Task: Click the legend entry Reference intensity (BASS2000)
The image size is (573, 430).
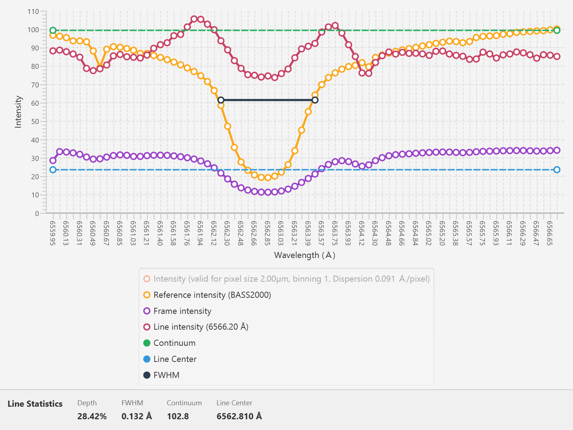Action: tap(207, 295)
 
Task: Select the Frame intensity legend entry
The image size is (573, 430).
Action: tap(178, 311)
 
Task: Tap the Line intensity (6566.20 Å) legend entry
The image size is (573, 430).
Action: tap(196, 327)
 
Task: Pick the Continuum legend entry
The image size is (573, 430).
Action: tap(170, 343)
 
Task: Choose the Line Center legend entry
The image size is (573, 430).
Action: tap(170, 359)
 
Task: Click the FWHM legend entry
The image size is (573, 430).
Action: tap(162, 375)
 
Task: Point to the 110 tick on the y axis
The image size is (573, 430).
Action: tap(33, 11)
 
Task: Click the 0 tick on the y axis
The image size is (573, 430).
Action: tap(37, 214)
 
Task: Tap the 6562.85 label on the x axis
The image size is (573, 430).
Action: tap(267, 233)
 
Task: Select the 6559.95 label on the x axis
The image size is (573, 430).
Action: tap(53, 233)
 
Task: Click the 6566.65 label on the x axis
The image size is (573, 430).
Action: tap(550, 233)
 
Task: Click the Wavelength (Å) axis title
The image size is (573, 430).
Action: tap(305, 255)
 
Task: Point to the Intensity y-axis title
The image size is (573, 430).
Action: tap(18, 112)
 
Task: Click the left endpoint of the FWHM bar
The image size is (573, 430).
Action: tap(221, 100)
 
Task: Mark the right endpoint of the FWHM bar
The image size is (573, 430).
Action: tap(315, 100)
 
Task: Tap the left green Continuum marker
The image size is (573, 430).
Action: tap(53, 30)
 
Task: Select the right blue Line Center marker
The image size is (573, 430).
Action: tap(557, 170)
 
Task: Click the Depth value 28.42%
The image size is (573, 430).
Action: tap(92, 416)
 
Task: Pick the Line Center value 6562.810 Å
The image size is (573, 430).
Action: tap(239, 416)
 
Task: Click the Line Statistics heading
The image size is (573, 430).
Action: tap(35, 404)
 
